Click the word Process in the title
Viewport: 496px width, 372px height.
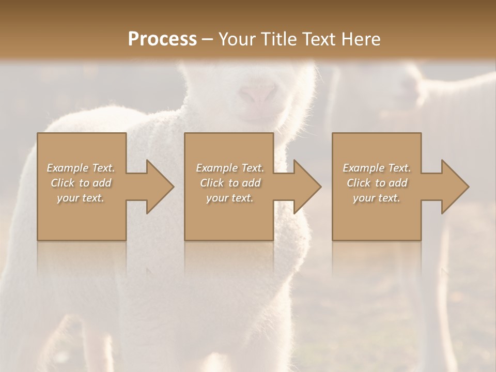pyautogui.click(x=162, y=39)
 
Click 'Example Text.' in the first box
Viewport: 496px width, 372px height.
pyautogui.click(x=81, y=168)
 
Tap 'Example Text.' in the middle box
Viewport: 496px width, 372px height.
pyautogui.click(x=230, y=168)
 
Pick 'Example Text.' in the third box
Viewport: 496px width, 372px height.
pyautogui.click(x=377, y=168)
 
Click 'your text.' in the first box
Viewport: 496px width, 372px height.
pyautogui.click(x=81, y=198)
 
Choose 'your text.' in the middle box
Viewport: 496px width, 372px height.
pyautogui.click(x=230, y=198)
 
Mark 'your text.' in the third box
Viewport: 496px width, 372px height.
pyautogui.click(x=377, y=198)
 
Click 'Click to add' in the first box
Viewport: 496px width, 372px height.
pyautogui.click(x=81, y=183)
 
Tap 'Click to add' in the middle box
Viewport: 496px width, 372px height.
pyautogui.click(x=230, y=183)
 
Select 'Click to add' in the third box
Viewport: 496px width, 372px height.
pyautogui.click(x=377, y=183)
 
